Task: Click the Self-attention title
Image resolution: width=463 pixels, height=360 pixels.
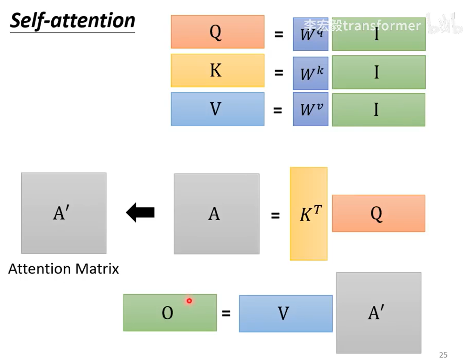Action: coord(72,21)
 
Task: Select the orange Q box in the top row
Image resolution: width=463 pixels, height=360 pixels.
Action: coord(217,32)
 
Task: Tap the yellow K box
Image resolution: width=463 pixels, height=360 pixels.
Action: coord(217,71)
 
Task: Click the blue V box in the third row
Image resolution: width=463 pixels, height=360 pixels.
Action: coord(217,109)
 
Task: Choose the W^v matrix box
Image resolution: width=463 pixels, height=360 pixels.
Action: coord(310,109)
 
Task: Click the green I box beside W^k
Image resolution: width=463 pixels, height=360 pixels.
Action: coord(379,72)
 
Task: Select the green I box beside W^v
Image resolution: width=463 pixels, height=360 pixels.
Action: coord(379,110)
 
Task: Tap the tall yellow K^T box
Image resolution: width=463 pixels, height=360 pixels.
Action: coord(309,214)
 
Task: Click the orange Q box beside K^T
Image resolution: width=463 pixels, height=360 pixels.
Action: coord(379,213)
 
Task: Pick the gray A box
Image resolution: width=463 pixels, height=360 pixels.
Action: coord(216,214)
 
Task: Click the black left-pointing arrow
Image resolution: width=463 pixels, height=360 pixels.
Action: coord(141,213)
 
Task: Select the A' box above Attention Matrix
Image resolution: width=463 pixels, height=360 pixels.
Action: coord(64,213)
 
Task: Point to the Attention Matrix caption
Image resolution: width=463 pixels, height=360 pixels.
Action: coord(63,269)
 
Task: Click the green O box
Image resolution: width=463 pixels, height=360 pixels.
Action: coord(170,313)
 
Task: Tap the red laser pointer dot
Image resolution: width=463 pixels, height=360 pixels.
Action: coord(189,301)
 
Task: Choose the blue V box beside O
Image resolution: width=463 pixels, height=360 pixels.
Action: coord(286,313)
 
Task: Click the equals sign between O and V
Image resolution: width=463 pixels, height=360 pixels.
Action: coord(226,313)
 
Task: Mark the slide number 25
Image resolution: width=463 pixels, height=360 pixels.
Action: coord(443,355)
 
